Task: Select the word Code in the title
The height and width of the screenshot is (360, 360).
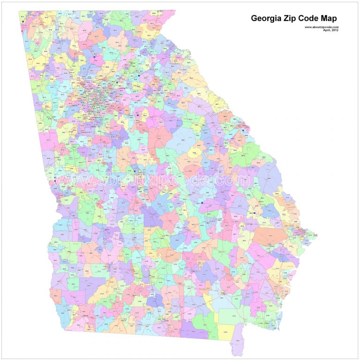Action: point(310,19)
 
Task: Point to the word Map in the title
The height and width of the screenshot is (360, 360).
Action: point(330,19)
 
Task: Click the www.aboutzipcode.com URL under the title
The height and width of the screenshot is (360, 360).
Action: point(322,27)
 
